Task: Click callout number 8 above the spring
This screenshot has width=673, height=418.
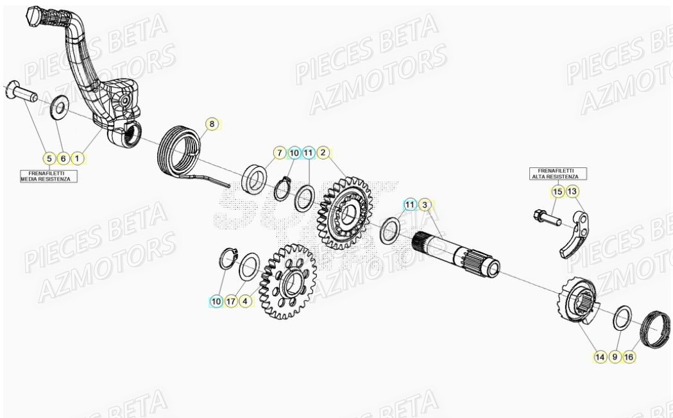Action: tap(212, 123)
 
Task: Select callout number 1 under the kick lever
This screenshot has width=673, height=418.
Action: tap(78, 158)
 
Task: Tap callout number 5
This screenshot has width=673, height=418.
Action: tap(48, 158)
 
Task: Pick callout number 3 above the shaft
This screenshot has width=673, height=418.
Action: tap(425, 205)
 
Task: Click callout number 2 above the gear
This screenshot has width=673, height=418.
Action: tap(323, 153)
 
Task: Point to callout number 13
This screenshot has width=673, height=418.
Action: tap(572, 191)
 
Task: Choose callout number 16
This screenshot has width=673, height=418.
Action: tap(629, 356)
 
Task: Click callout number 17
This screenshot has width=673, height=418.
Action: tap(231, 301)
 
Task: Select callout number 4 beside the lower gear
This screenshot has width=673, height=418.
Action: tap(246, 301)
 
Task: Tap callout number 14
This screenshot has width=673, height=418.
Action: tap(600, 356)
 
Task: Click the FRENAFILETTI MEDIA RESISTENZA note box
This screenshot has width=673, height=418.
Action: tap(49, 176)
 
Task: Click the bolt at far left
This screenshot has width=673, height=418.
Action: tap(20, 91)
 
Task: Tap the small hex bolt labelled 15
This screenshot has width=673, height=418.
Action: tap(544, 217)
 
